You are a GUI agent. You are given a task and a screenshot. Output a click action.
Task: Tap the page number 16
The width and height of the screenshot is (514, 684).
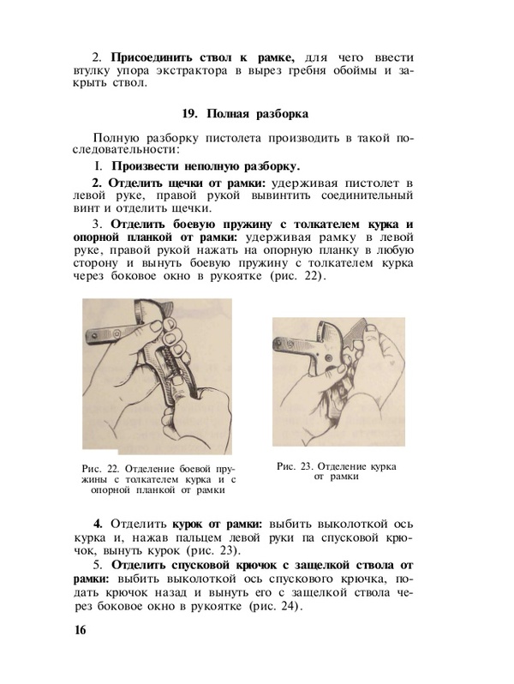click(x=81, y=632)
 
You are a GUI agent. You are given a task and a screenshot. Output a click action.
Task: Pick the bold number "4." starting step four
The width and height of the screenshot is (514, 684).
click(x=98, y=522)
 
